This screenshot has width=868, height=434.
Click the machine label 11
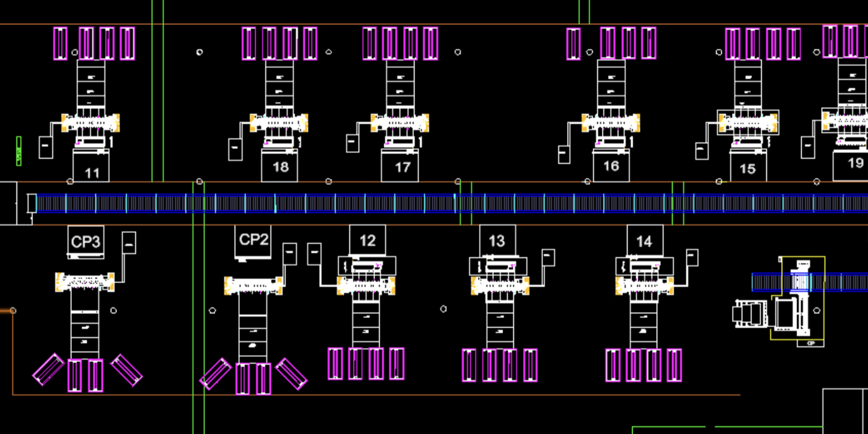[x=91, y=172]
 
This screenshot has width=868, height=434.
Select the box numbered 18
[x=280, y=166]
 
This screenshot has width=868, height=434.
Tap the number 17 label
[x=402, y=167]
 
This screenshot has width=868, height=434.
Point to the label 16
[x=611, y=166]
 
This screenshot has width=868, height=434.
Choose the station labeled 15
[x=748, y=168]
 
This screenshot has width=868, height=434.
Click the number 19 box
[x=855, y=163]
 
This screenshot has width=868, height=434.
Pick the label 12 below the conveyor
[x=368, y=240]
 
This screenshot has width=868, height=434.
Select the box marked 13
[x=497, y=241]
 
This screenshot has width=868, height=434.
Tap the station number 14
[x=644, y=242]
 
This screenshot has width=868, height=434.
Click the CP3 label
[x=86, y=242]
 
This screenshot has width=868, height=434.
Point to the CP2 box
[x=254, y=240]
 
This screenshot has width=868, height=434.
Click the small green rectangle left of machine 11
[x=19, y=151]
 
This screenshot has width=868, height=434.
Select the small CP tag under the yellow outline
[x=810, y=343]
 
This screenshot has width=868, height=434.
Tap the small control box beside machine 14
[x=692, y=257]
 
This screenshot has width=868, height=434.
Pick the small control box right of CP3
[x=129, y=243]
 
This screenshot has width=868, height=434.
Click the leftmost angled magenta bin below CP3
[x=48, y=369]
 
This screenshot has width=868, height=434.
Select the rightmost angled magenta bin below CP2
[x=291, y=374]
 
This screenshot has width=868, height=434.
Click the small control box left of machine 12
[x=314, y=254]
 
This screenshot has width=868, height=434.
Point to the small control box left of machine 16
[x=564, y=154]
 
